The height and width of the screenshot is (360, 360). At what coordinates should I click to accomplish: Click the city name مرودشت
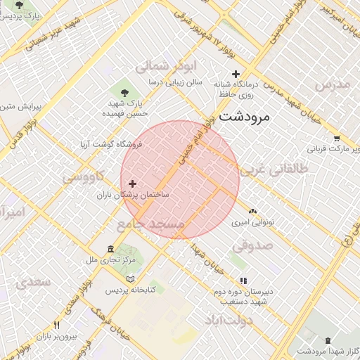pyautogui.click(x=244, y=116)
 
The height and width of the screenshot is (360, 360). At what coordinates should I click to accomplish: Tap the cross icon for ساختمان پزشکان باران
pyautogui.click(x=131, y=184)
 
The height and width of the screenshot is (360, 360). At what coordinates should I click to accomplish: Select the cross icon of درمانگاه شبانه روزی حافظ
pyautogui.click(x=236, y=74)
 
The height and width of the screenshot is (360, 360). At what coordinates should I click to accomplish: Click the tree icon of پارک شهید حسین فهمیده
pyautogui.click(x=124, y=92)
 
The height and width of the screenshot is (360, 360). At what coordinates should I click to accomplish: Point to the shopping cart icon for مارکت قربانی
pyautogui.click(x=337, y=139)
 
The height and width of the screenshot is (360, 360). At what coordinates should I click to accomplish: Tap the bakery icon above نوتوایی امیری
pyautogui.click(x=252, y=211)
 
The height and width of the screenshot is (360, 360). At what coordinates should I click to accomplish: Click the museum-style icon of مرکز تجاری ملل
pyautogui.click(x=111, y=250)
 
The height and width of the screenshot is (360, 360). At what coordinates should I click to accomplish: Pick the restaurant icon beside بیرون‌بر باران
pyautogui.click(x=57, y=326)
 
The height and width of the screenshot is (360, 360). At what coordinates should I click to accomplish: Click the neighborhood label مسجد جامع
pyautogui.click(x=150, y=224)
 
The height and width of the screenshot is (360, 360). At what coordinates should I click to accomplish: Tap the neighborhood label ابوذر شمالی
pyautogui.click(x=157, y=67)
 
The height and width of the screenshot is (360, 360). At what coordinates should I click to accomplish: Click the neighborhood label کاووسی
pyautogui.click(x=84, y=176)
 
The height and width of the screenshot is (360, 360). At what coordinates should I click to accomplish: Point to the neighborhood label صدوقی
pyautogui.click(x=252, y=246)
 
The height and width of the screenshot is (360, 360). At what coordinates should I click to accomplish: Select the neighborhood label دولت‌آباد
pyautogui.click(x=229, y=320)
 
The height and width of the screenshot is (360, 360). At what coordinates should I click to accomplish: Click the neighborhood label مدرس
pyautogui.click(x=332, y=84)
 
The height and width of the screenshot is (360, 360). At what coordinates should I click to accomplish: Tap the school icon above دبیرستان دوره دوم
pyautogui.click(x=243, y=281)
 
